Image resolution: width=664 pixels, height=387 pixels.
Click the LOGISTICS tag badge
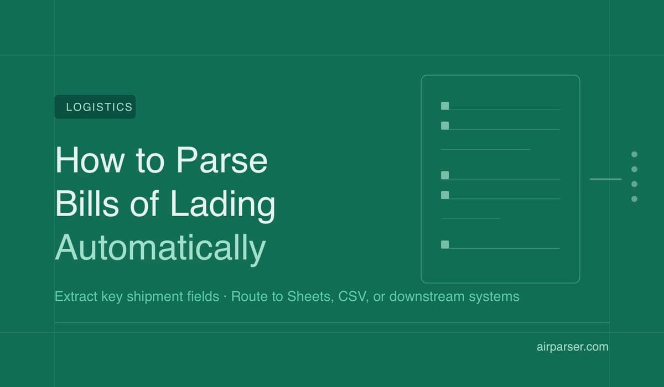click(95, 107)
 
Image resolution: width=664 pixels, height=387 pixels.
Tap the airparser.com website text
click(572, 347)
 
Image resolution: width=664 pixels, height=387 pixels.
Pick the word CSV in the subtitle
click(350, 296)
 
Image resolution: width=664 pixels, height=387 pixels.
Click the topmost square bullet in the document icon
click(445, 106)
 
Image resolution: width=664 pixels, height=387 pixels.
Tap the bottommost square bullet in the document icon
click(445, 244)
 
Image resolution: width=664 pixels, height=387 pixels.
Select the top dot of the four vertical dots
click(634, 154)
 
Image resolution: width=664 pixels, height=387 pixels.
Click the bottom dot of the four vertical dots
click(634, 198)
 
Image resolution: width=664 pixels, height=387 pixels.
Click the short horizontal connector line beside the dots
click(605, 179)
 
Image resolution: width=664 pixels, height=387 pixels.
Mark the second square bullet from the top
click(445, 125)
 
